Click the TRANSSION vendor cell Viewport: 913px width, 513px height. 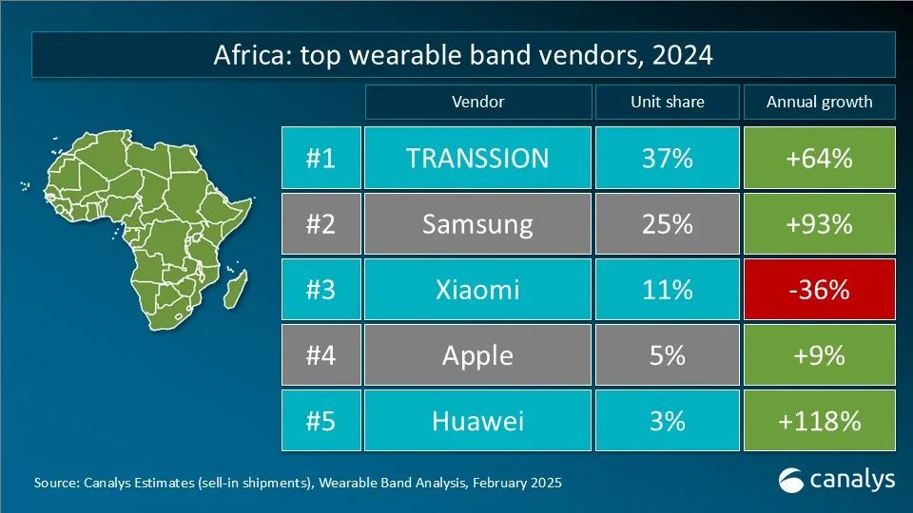click(477, 158)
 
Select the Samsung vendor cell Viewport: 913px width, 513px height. click(477, 224)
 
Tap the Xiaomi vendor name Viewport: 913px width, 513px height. click(477, 289)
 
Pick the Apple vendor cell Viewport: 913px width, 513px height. click(477, 355)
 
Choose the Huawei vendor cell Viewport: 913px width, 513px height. click(477, 420)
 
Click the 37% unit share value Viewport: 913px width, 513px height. click(666, 158)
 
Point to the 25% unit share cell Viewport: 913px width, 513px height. click(666, 224)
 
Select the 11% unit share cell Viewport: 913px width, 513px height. click(666, 289)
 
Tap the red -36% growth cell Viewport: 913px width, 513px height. click(819, 289)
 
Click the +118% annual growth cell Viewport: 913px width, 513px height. click(819, 420)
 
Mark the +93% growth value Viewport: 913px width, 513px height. click(819, 224)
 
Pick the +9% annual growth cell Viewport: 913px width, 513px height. click(819, 355)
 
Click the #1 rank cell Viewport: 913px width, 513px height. click(321, 158)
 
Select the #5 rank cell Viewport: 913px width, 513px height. click(321, 420)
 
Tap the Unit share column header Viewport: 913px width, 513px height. click(666, 102)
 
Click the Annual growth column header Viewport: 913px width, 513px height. click(819, 102)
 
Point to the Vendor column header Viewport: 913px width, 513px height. click(477, 102)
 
